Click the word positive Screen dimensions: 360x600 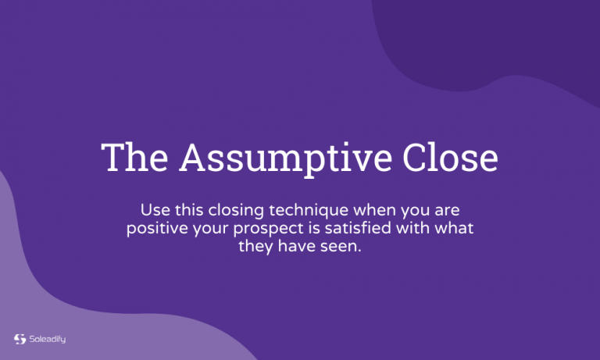click(x=157, y=229)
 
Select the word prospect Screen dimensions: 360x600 click(x=263, y=229)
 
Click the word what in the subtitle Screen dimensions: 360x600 click(x=455, y=229)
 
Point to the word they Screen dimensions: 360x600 click(x=255, y=247)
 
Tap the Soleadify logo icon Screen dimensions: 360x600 click(x=20, y=339)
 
